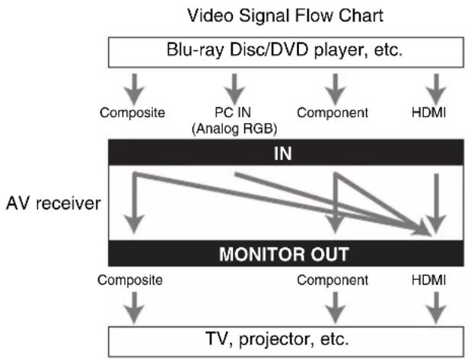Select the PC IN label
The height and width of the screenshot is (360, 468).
point(234,113)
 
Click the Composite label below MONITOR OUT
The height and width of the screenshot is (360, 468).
point(132,280)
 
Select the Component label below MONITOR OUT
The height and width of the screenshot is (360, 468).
point(333,280)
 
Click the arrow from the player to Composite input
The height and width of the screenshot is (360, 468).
point(132,84)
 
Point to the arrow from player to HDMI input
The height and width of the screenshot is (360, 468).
point(434,84)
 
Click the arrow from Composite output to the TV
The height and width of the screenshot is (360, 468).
point(132,307)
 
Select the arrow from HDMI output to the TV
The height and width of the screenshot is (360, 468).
point(434,307)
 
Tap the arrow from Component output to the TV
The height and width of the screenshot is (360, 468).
point(333,307)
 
